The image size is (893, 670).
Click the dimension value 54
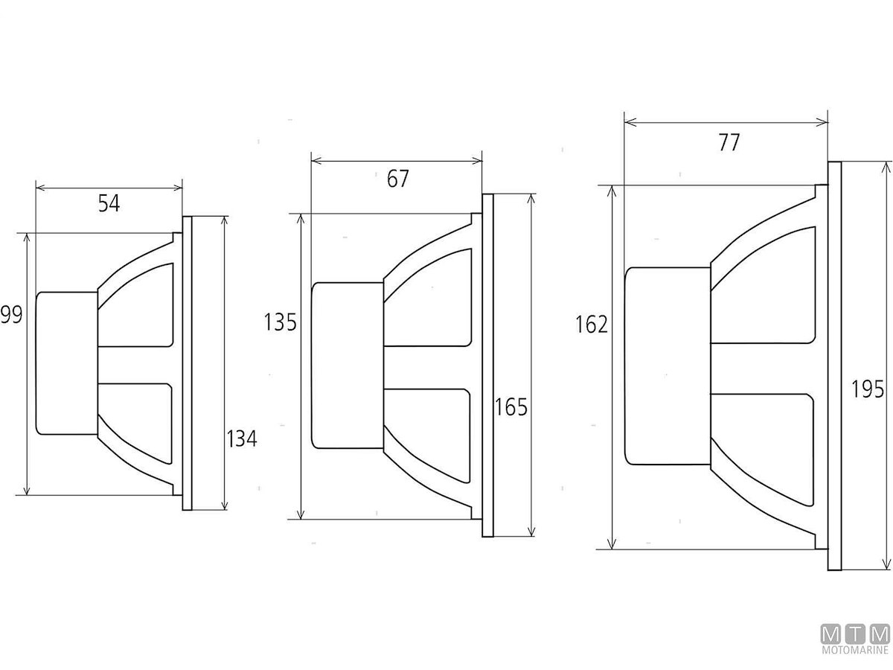(x=109, y=203)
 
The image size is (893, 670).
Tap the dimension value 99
(x=11, y=315)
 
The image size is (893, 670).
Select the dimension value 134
(x=241, y=439)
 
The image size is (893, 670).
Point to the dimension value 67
(x=398, y=179)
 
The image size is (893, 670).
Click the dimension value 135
(x=281, y=322)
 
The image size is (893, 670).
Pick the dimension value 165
(x=511, y=407)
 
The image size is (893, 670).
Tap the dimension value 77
(x=729, y=142)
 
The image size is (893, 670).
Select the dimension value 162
(x=592, y=325)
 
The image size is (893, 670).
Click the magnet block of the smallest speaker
(x=67, y=363)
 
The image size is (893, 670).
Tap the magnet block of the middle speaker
(x=347, y=365)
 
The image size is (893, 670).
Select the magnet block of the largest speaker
(x=667, y=366)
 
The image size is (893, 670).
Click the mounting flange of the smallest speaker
(x=187, y=363)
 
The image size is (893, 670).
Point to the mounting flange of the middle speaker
(x=487, y=365)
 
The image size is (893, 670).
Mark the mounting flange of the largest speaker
(x=834, y=366)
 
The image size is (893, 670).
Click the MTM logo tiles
(x=855, y=635)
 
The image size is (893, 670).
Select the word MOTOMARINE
(x=855, y=651)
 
